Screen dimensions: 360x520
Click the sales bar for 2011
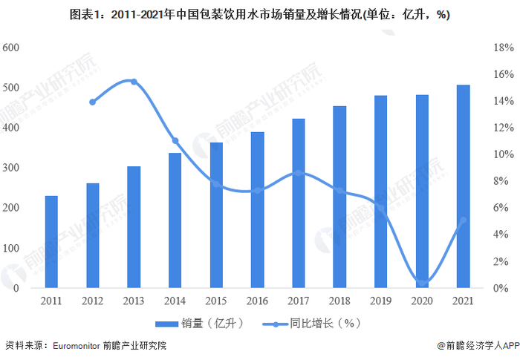point(51,241)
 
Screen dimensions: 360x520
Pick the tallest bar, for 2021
point(463,186)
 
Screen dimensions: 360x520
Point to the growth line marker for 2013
point(134,82)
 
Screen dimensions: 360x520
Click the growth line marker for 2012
point(93,102)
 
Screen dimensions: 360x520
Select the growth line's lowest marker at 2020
point(422,282)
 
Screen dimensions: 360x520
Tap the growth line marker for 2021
point(463,220)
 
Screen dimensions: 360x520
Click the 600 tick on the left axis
point(10,48)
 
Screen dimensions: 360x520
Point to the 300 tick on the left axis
point(10,168)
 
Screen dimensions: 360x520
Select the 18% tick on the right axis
point(502,48)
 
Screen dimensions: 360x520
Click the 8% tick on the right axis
point(502,181)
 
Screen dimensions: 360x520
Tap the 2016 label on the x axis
point(257,301)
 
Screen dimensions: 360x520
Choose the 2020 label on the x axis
point(422,301)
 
